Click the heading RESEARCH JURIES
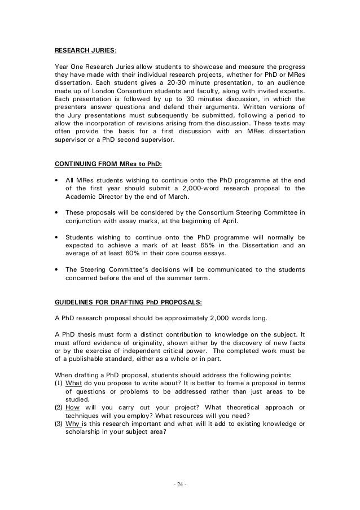[x=85, y=50]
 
